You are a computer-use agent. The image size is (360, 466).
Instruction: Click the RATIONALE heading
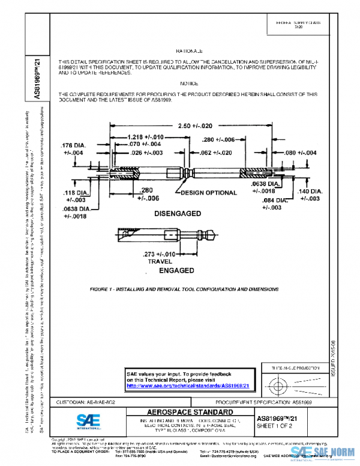190,52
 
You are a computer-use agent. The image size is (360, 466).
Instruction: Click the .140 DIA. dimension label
310,195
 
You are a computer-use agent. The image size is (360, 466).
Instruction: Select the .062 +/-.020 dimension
215,153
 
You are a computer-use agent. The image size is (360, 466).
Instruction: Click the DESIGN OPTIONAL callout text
206,193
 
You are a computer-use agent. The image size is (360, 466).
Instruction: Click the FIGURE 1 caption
184,289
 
